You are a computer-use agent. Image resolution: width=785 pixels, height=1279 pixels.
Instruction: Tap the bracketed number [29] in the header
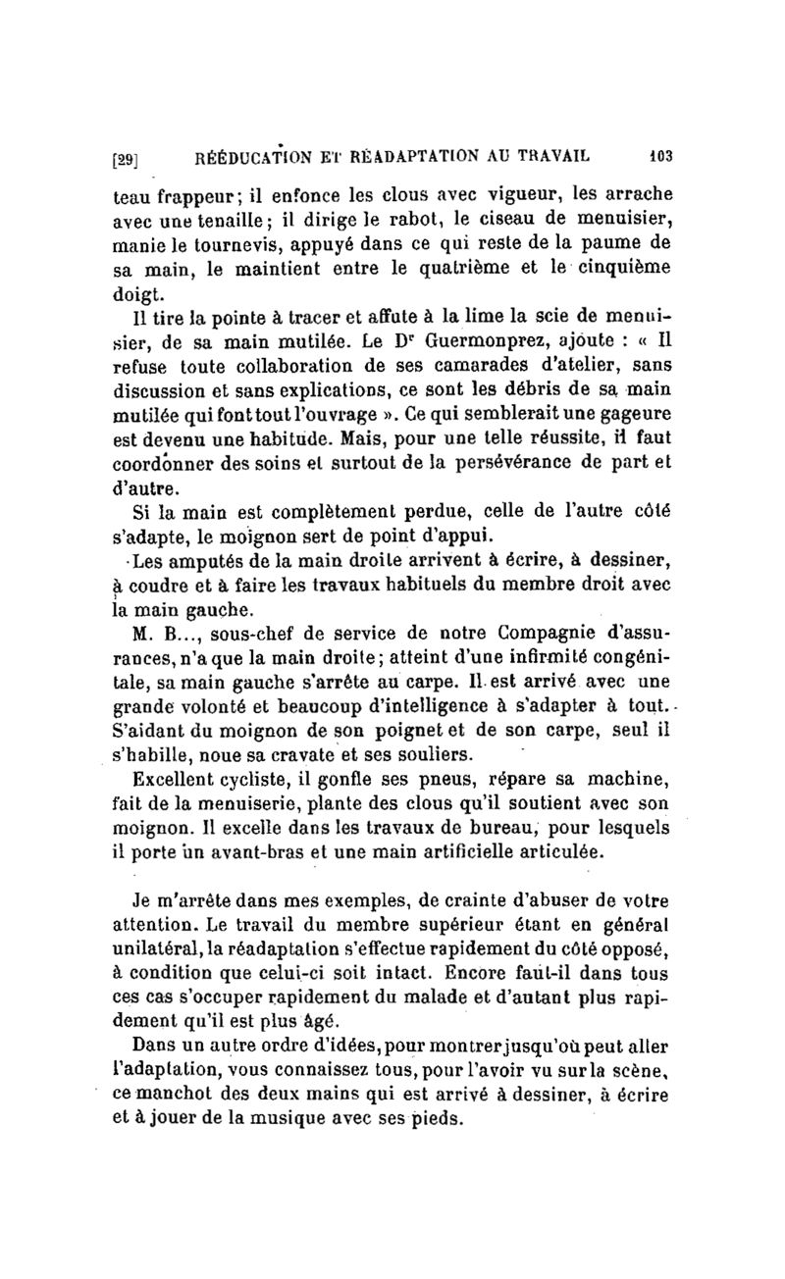[126, 156]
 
